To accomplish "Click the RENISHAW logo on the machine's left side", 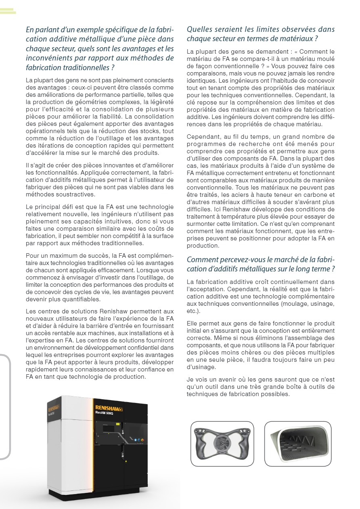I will tap(54, 404).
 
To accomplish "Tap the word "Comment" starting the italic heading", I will tap(201, 260).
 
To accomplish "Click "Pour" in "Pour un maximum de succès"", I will tap(32, 256).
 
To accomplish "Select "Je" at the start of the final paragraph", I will tap(190, 379).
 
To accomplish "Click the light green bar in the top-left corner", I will tap(8, 11).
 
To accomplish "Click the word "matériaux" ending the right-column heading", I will tap(296, 39).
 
